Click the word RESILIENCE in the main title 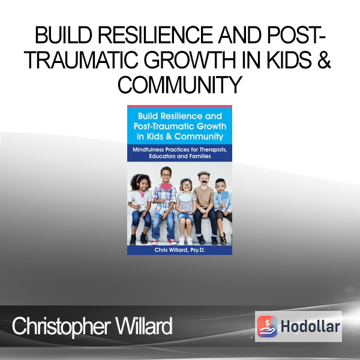tap(155, 35)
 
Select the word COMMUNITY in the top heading tap(180, 85)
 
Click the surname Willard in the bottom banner tap(144, 326)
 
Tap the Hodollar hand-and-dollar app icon tap(267, 326)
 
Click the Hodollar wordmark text tap(310, 326)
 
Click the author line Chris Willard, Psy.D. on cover tap(179, 250)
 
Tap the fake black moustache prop tap(204, 181)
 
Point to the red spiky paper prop tap(166, 186)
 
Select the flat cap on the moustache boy tap(203, 173)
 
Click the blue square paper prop tap(224, 196)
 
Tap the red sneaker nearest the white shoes tap(172, 242)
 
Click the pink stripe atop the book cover tap(179, 106)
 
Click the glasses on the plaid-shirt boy tap(166, 176)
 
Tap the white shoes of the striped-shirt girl tap(186, 241)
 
